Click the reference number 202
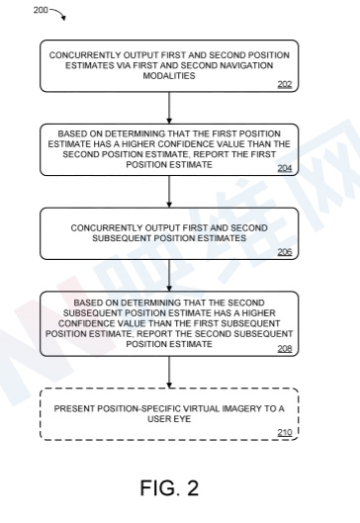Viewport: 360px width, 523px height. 285,84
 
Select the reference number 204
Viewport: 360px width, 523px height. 285,168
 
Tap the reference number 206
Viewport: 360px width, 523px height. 285,252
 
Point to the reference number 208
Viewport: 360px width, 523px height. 285,349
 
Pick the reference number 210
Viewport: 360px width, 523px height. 285,432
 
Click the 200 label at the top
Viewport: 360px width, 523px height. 41,10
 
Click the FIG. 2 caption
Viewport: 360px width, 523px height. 169,487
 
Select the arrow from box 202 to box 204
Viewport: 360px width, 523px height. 169,108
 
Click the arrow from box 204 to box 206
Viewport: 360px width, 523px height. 169,192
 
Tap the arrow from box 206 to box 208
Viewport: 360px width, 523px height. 169,276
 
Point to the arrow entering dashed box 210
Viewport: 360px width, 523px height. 169,373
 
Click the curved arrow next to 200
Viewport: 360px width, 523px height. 59,12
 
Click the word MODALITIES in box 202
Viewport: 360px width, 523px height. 169,76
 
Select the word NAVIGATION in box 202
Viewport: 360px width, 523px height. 248,65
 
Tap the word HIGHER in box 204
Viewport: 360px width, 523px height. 138,144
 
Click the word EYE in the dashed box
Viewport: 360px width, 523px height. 183,419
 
